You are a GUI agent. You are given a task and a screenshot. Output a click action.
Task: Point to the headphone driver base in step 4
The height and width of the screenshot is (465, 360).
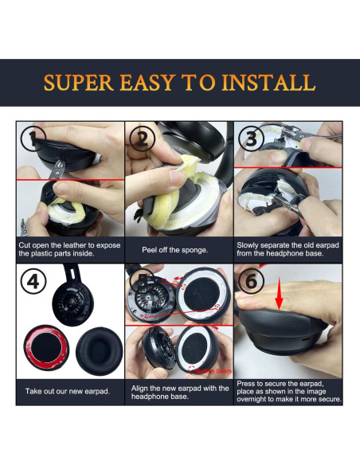[72, 300]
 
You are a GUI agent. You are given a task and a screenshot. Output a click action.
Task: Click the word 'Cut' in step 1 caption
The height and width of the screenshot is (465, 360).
[26, 244]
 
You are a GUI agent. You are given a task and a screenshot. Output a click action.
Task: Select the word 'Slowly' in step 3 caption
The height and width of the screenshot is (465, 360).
[248, 244]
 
